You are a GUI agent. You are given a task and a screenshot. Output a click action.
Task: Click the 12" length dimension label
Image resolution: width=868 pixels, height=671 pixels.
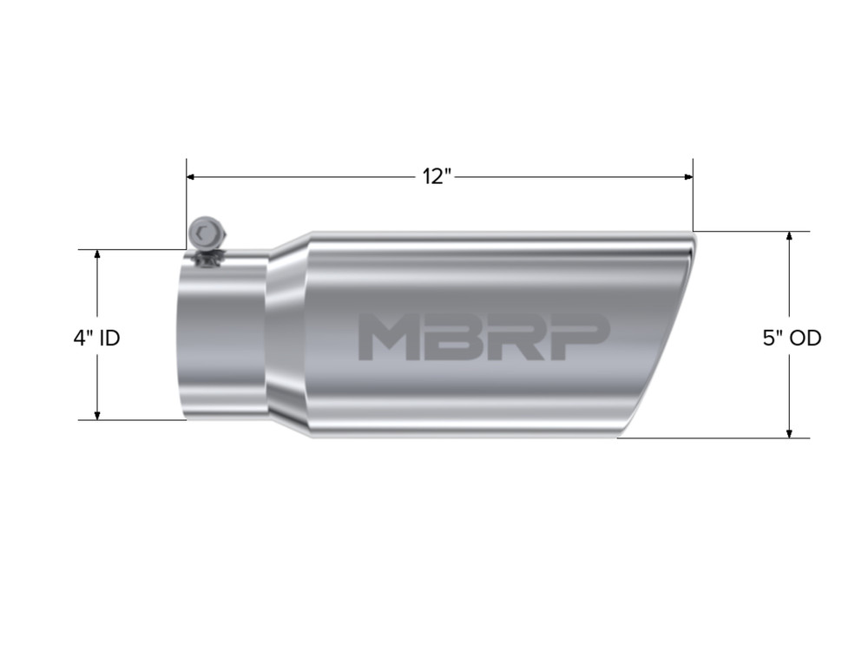[x=438, y=177]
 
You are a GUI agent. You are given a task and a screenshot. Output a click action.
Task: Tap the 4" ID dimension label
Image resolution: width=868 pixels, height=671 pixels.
[x=96, y=338]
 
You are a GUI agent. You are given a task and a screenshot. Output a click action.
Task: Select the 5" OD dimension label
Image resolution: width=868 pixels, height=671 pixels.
[x=792, y=338]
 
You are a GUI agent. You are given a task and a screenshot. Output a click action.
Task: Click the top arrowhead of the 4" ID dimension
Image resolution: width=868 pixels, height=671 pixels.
[x=98, y=255]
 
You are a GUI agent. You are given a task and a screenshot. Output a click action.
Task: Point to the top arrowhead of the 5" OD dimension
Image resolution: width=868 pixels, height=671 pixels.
[x=789, y=237]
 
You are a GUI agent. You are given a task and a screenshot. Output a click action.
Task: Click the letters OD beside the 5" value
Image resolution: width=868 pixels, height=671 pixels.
[x=804, y=338]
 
